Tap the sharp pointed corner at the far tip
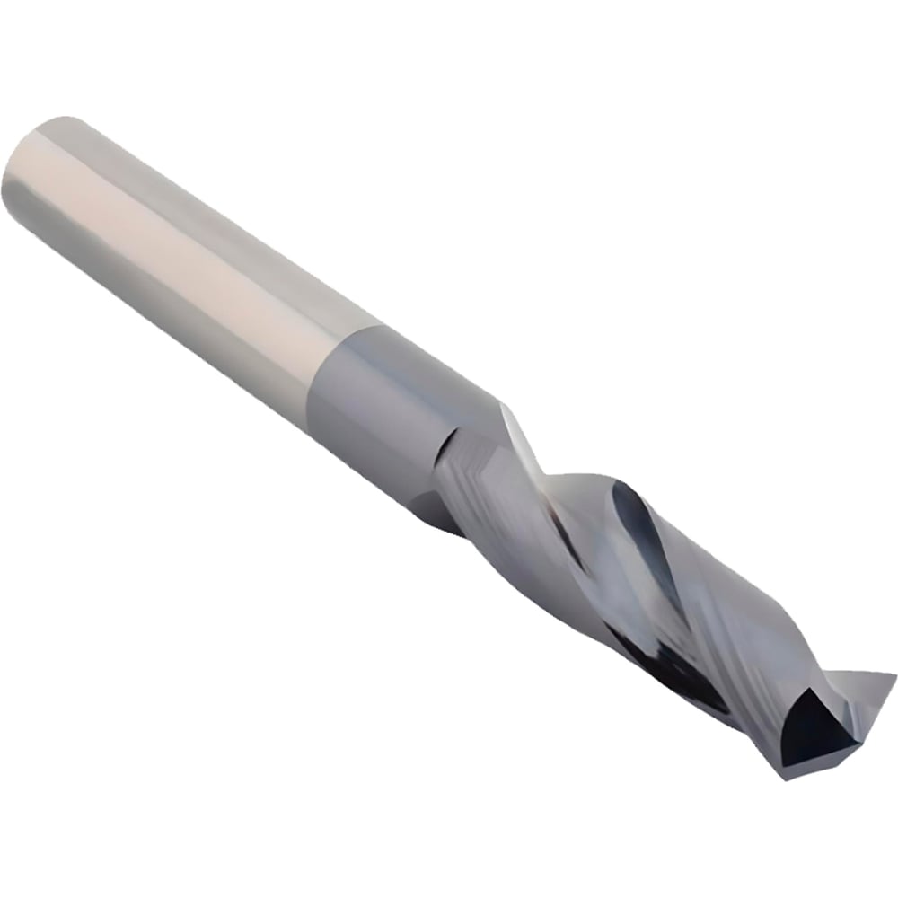(894, 673)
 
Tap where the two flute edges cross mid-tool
(575, 539)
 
